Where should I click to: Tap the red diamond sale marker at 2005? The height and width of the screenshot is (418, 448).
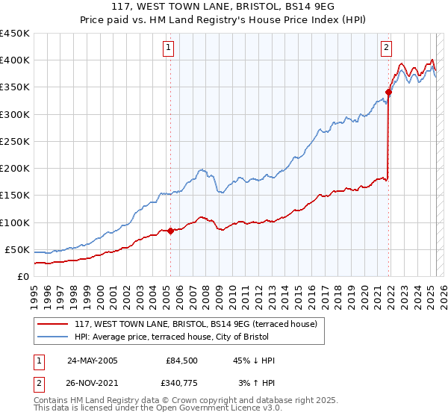(x=170, y=231)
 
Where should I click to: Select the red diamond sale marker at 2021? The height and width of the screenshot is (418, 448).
(x=389, y=93)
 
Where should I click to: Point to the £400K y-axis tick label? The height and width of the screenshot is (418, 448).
(x=15, y=60)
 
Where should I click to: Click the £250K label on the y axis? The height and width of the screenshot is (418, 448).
(x=15, y=141)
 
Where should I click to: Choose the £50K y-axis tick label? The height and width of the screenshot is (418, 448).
(x=18, y=249)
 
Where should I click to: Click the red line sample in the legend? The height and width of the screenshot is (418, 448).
(x=53, y=324)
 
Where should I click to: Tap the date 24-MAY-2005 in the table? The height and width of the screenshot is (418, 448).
(x=93, y=361)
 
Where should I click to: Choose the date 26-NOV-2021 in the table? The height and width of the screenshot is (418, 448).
(x=93, y=383)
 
